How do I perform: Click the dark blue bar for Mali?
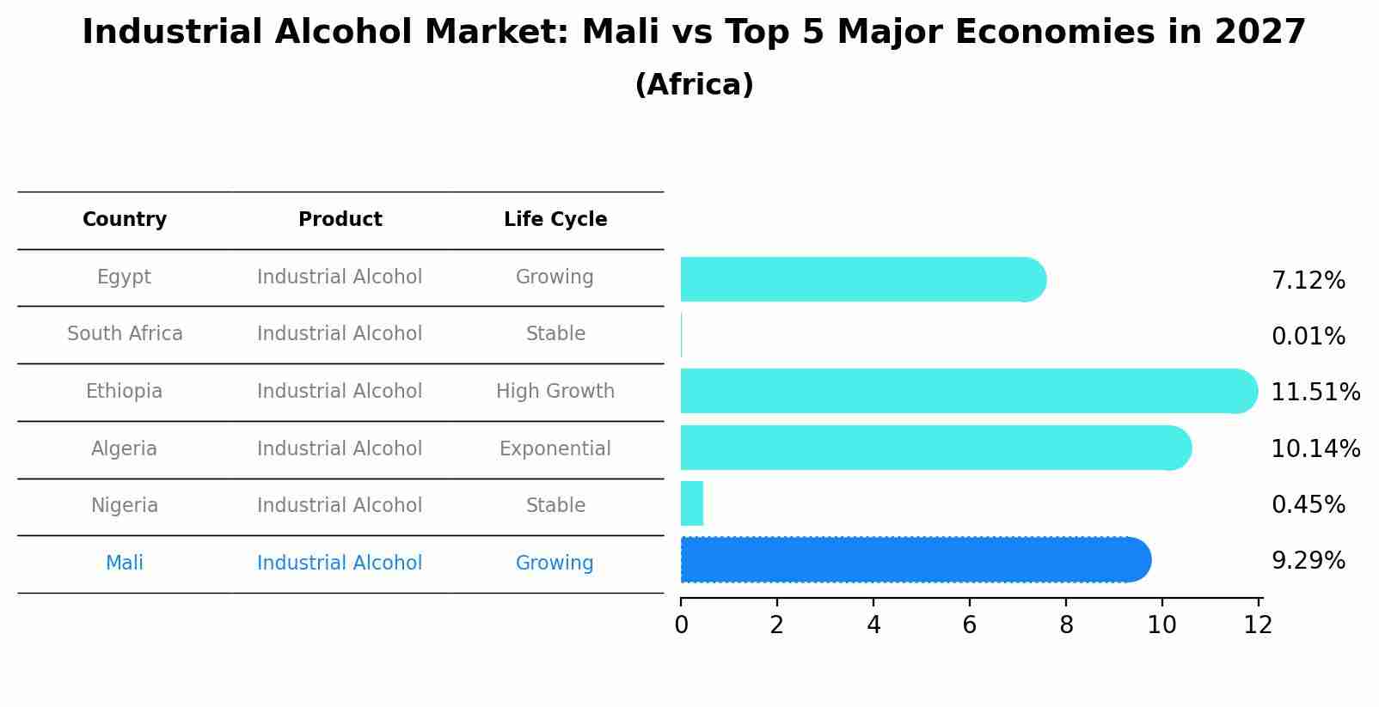tap(911, 560)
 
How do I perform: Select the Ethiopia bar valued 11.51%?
tap(963, 391)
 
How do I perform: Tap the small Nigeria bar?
tap(692, 503)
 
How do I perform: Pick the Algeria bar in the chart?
tap(933, 448)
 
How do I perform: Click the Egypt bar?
tap(860, 279)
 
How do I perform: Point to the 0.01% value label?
tap(1308, 337)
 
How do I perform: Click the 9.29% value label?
tap(1308, 561)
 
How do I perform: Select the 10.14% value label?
tap(1315, 449)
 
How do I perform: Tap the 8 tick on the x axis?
tap(1066, 625)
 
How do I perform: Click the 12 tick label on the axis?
tap(1258, 625)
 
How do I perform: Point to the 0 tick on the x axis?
tap(681, 625)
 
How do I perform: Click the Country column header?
tap(125, 220)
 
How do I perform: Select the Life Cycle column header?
tap(555, 220)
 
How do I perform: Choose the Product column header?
tap(340, 220)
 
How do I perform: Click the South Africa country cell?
tap(125, 334)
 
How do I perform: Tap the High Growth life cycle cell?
tap(555, 392)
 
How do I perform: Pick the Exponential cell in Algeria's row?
tap(555, 449)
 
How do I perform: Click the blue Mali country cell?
tap(125, 564)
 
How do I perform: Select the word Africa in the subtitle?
tap(694, 85)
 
